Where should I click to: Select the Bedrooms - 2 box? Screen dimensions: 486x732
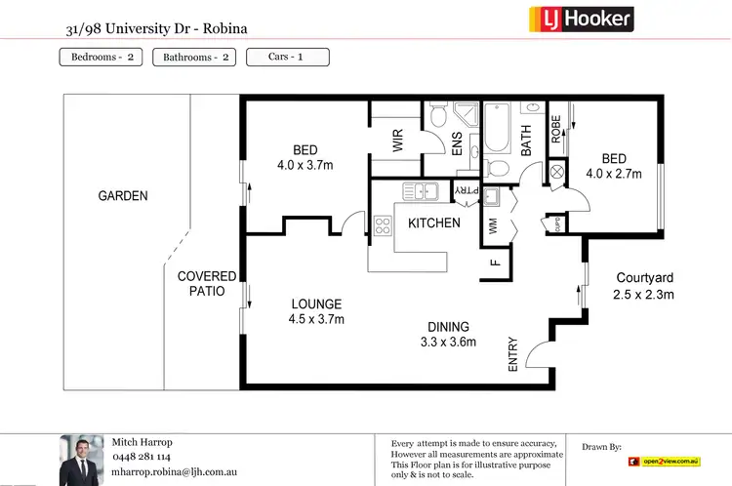[x=102, y=57]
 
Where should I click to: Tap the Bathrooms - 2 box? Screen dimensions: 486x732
[x=196, y=57]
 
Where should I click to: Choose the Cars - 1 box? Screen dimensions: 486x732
[x=287, y=57]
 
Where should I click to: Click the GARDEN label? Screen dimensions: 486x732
[x=123, y=196]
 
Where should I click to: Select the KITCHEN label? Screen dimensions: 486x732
[x=433, y=223]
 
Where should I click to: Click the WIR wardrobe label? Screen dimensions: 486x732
[x=398, y=142]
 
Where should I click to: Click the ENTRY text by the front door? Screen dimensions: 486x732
[x=512, y=358]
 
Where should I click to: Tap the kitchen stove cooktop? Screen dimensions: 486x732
[x=382, y=227]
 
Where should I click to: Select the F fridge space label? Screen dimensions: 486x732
[x=495, y=262]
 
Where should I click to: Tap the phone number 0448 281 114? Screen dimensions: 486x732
[x=142, y=456]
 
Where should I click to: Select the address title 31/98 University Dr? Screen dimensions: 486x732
[x=156, y=27]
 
